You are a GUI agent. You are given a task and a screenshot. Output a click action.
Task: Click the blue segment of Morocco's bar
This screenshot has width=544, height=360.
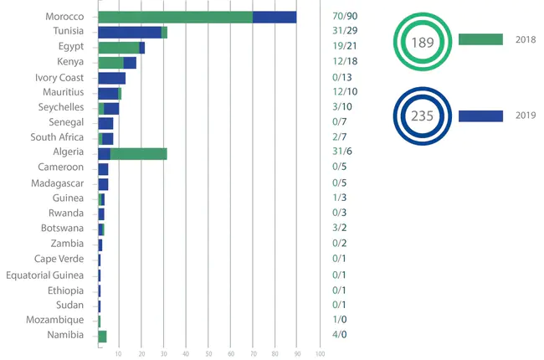pyautogui.click(x=275, y=17)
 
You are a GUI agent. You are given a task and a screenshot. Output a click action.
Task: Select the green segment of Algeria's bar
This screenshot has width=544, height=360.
pyautogui.click(x=138, y=153)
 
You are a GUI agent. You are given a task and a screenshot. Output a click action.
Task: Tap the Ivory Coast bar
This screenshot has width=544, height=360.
pyautogui.click(x=111, y=78)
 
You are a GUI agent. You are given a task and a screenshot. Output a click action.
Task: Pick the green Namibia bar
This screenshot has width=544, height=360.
pyautogui.click(x=102, y=336)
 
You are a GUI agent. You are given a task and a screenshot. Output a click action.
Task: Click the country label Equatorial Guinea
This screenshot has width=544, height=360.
pyautogui.click(x=44, y=275)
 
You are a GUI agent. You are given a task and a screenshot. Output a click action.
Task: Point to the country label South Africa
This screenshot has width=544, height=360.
pyautogui.click(x=57, y=138)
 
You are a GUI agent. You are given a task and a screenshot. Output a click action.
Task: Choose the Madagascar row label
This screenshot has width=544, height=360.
pyautogui.click(x=57, y=183)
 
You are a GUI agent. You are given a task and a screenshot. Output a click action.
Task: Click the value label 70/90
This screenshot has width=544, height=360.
pyautogui.click(x=345, y=17)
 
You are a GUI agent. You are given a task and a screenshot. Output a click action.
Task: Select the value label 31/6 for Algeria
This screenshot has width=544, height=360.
pyautogui.click(x=341, y=153)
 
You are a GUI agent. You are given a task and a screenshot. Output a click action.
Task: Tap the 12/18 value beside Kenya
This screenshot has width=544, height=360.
pyautogui.click(x=345, y=63)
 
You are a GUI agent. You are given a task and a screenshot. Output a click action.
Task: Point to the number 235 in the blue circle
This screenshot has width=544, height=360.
pyautogui.click(x=423, y=116)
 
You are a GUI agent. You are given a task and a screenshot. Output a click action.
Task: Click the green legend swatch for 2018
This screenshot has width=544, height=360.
pyautogui.click(x=480, y=39)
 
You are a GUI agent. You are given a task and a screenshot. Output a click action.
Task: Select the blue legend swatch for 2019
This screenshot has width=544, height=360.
pyautogui.click(x=480, y=116)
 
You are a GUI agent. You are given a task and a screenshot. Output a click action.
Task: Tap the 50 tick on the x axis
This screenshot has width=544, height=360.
pyautogui.click(x=208, y=353)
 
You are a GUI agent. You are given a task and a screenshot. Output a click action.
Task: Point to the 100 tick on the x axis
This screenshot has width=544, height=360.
pyautogui.click(x=320, y=353)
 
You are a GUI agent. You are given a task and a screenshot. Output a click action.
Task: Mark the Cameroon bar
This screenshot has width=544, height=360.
pyautogui.click(x=103, y=169)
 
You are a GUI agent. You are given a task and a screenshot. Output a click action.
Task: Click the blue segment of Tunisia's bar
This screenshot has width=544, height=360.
pyautogui.click(x=130, y=33)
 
